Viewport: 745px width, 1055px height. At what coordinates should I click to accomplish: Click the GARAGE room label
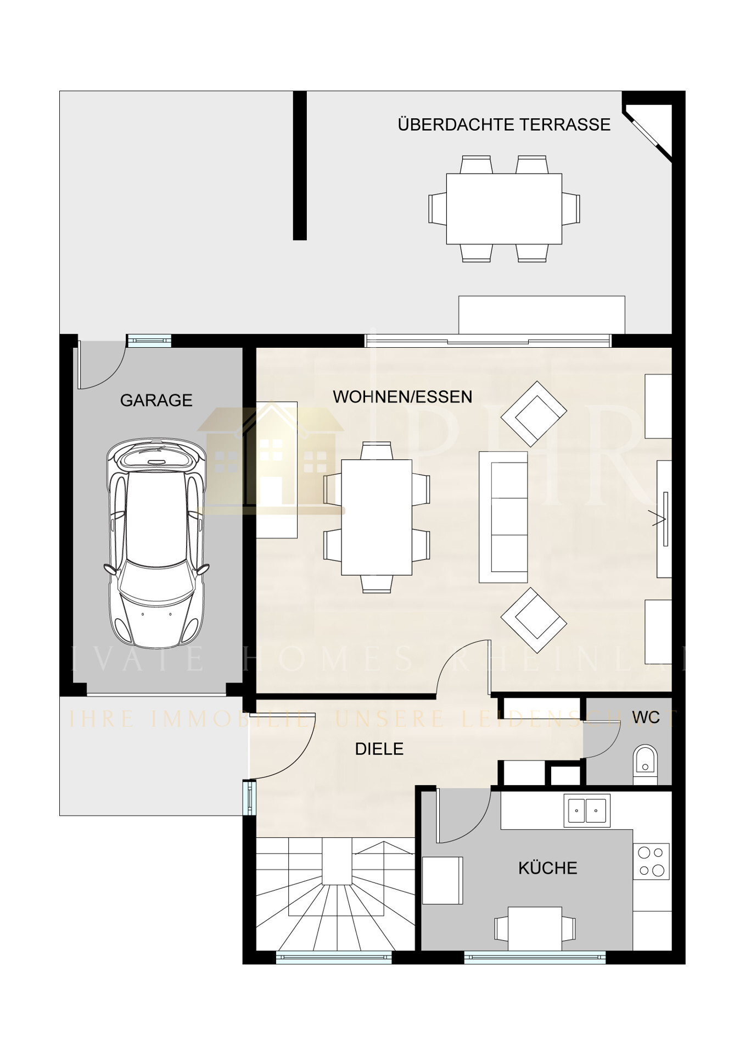[x=156, y=400]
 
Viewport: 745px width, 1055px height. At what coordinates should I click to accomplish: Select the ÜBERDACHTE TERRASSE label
[x=503, y=125]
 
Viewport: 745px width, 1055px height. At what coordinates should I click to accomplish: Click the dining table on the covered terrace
[x=503, y=209]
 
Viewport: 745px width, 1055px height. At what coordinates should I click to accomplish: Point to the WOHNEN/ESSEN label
[x=402, y=397]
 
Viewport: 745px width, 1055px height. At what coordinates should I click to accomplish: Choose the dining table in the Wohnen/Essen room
[x=377, y=517]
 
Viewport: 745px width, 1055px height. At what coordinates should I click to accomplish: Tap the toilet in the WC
[x=645, y=762]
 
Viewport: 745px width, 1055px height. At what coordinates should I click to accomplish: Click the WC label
[x=646, y=718]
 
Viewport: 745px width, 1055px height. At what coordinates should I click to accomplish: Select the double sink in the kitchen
[x=586, y=810]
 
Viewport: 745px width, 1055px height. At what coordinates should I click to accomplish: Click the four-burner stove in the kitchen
[x=651, y=861]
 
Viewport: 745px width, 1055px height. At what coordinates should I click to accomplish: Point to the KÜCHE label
[x=547, y=868]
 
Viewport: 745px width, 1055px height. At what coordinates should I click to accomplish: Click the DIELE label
[x=379, y=749]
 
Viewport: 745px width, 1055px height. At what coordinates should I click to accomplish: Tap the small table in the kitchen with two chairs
[x=534, y=928]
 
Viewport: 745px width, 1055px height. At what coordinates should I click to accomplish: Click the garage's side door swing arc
[x=99, y=365]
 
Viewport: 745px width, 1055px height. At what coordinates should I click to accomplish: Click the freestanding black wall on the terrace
[x=299, y=165]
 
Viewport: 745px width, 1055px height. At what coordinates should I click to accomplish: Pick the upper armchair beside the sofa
[x=533, y=413]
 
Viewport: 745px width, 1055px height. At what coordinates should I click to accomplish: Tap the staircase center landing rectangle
[x=337, y=860]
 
